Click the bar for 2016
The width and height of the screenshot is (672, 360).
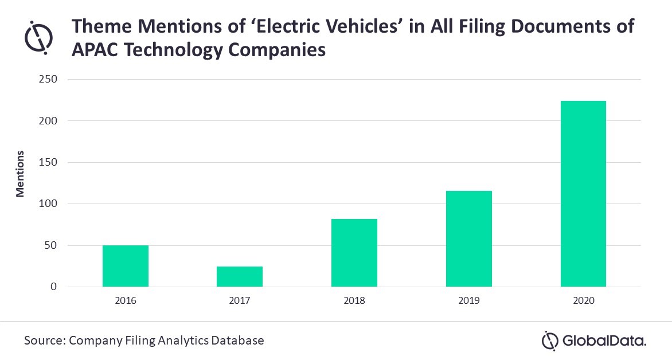(x=126, y=266)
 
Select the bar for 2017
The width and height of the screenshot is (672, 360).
(x=240, y=276)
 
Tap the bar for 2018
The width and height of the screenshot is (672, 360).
(x=354, y=253)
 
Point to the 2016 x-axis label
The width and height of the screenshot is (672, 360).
(x=126, y=300)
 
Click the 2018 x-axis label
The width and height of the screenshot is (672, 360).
(x=354, y=300)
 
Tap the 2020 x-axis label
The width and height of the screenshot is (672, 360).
(x=583, y=300)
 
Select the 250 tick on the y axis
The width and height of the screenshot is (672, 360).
(x=48, y=79)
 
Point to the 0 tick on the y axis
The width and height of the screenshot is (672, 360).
(x=54, y=287)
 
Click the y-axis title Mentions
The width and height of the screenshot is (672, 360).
(x=20, y=174)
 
